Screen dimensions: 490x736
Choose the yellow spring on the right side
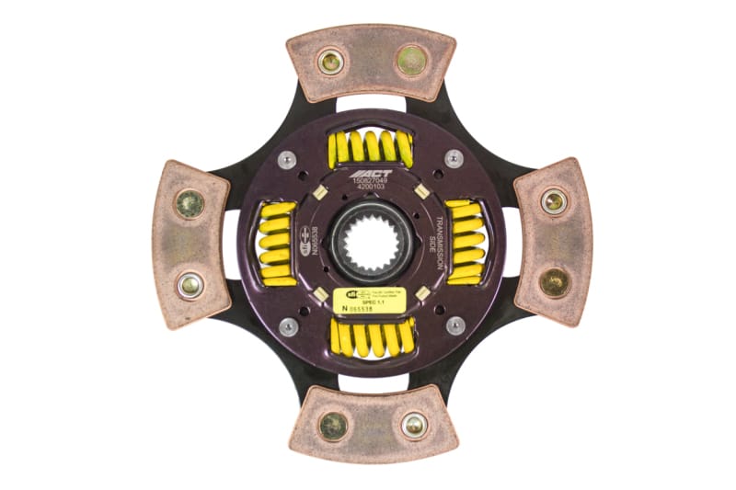pos(466,243)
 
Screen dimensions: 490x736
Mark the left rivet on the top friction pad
pos(329,62)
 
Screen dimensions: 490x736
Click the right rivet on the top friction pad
pos(410,61)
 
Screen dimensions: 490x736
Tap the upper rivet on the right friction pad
pos(553,201)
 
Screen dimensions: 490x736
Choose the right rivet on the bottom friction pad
pos(413,425)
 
